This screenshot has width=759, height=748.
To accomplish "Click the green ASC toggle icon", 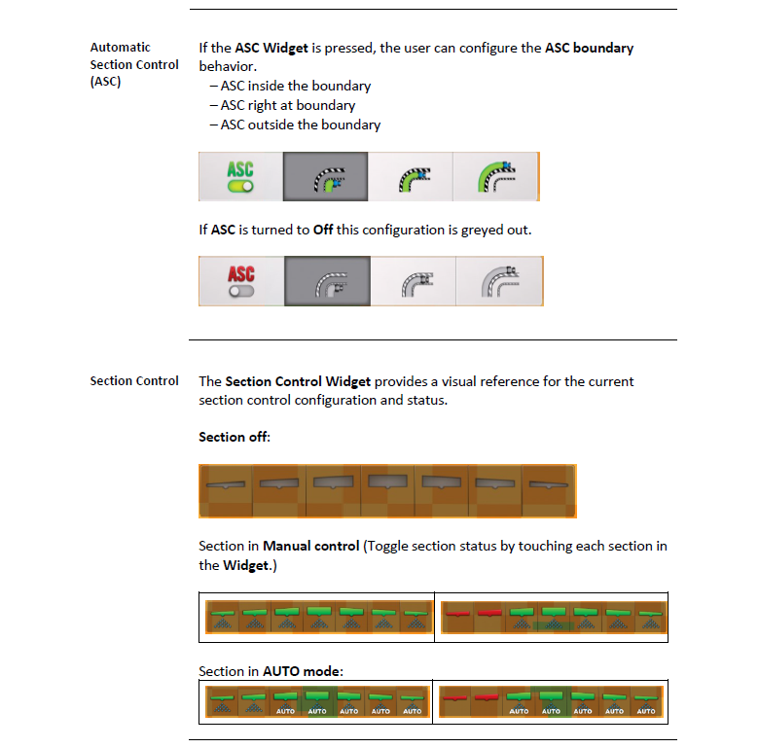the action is tap(240, 177).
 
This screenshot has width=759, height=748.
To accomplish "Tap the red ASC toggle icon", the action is tap(241, 281).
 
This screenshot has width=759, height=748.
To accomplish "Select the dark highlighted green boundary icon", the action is tap(325, 177).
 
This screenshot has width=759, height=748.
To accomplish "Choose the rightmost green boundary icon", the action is tap(495, 177).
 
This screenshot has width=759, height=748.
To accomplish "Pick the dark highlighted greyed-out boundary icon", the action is tap(327, 281).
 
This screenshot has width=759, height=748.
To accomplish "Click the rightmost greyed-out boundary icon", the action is tap(499, 281).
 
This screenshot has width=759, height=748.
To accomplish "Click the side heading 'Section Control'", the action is tap(134, 381).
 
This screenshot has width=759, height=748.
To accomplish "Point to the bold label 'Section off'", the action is tap(234, 437).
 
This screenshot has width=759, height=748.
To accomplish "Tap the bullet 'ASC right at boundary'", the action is tap(288, 105).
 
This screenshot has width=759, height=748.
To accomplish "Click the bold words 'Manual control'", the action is tap(310, 547).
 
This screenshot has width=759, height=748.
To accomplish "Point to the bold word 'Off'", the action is tap(323, 230).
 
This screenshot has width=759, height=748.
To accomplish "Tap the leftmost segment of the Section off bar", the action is tap(226, 491).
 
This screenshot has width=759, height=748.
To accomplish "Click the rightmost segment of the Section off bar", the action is tap(549, 491).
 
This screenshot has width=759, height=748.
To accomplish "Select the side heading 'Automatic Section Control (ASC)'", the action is tap(134, 64).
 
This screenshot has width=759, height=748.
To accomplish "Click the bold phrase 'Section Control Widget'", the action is tap(298, 381).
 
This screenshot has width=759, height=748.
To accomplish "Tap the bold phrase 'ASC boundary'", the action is tap(589, 48).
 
